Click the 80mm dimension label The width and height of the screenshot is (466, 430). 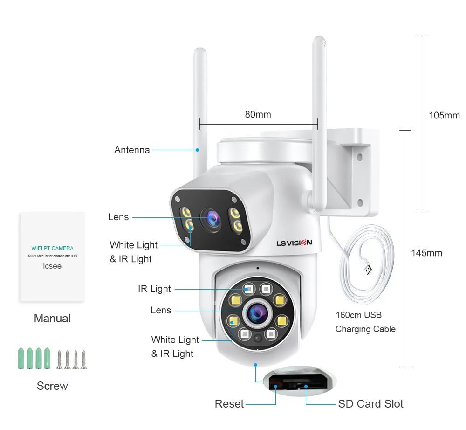258,114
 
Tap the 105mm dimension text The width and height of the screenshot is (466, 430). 444,116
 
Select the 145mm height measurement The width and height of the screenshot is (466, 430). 426,253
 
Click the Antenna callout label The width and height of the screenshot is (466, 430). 132,150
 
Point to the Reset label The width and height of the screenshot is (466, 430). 229,404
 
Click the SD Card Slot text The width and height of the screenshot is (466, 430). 370,404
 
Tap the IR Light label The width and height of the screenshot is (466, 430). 154,289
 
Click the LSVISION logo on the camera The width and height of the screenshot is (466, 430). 294,243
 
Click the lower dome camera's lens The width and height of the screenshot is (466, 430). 254,313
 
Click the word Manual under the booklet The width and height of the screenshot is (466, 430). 52,319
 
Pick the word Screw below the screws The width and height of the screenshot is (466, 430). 52,386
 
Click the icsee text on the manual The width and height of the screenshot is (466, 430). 52,266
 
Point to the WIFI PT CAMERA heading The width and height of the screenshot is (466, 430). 52,248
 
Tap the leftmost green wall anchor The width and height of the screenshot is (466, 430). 21,359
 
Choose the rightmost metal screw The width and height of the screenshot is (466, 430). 84,360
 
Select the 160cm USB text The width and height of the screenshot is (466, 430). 358,315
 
